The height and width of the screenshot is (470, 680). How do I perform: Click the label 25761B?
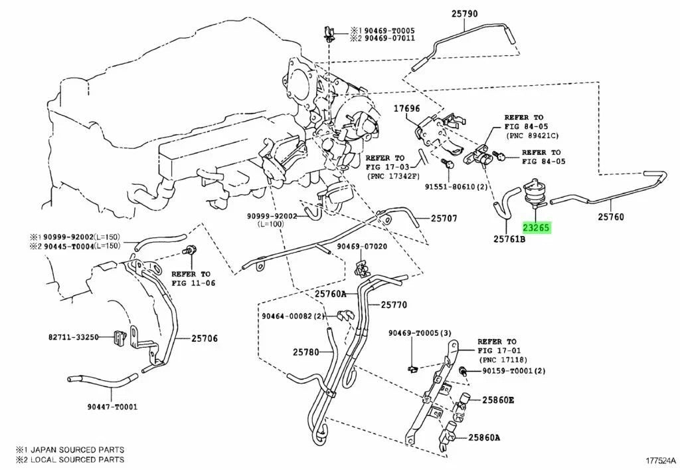pyautogui.click(x=509, y=237)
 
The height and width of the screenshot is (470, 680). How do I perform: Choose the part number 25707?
pyautogui.click(x=444, y=217)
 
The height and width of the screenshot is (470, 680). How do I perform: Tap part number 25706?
pyautogui.click(x=205, y=338)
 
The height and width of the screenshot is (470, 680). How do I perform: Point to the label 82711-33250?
pyautogui.click(x=73, y=338)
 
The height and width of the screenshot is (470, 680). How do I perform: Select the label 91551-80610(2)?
pyautogui.click(x=458, y=187)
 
